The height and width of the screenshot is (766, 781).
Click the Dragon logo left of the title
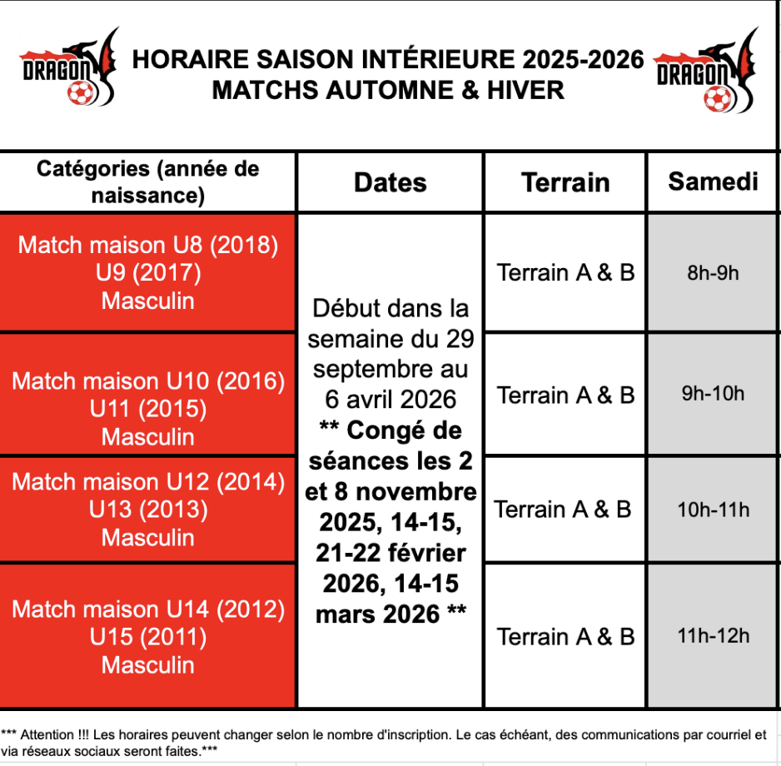tap(69, 67)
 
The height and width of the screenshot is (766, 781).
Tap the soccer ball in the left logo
tap(80, 93)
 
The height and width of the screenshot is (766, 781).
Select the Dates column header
tap(390, 182)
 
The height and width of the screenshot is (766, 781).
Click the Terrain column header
tap(565, 182)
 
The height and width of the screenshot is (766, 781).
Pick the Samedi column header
tap(713, 182)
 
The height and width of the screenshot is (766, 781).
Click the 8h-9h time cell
tap(713, 273)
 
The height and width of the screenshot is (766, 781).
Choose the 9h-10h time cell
tap(713, 394)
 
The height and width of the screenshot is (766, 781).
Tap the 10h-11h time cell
tap(713, 510)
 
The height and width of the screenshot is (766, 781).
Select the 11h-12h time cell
tap(713, 636)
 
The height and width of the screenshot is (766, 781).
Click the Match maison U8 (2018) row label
tap(148, 245)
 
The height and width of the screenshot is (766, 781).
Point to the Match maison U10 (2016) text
tap(148, 381)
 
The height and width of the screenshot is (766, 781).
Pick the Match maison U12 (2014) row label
tap(148, 481)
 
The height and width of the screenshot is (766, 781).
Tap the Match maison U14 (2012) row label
tap(148, 609)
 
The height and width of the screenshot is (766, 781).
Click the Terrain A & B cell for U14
tap(565, 636)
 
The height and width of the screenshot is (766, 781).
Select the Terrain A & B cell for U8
tap(565, 272)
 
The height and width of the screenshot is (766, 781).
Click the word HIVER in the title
tap(525, 90)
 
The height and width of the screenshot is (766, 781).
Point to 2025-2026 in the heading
tap(583, 59)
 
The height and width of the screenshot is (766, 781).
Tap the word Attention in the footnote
tap(47, 734)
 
